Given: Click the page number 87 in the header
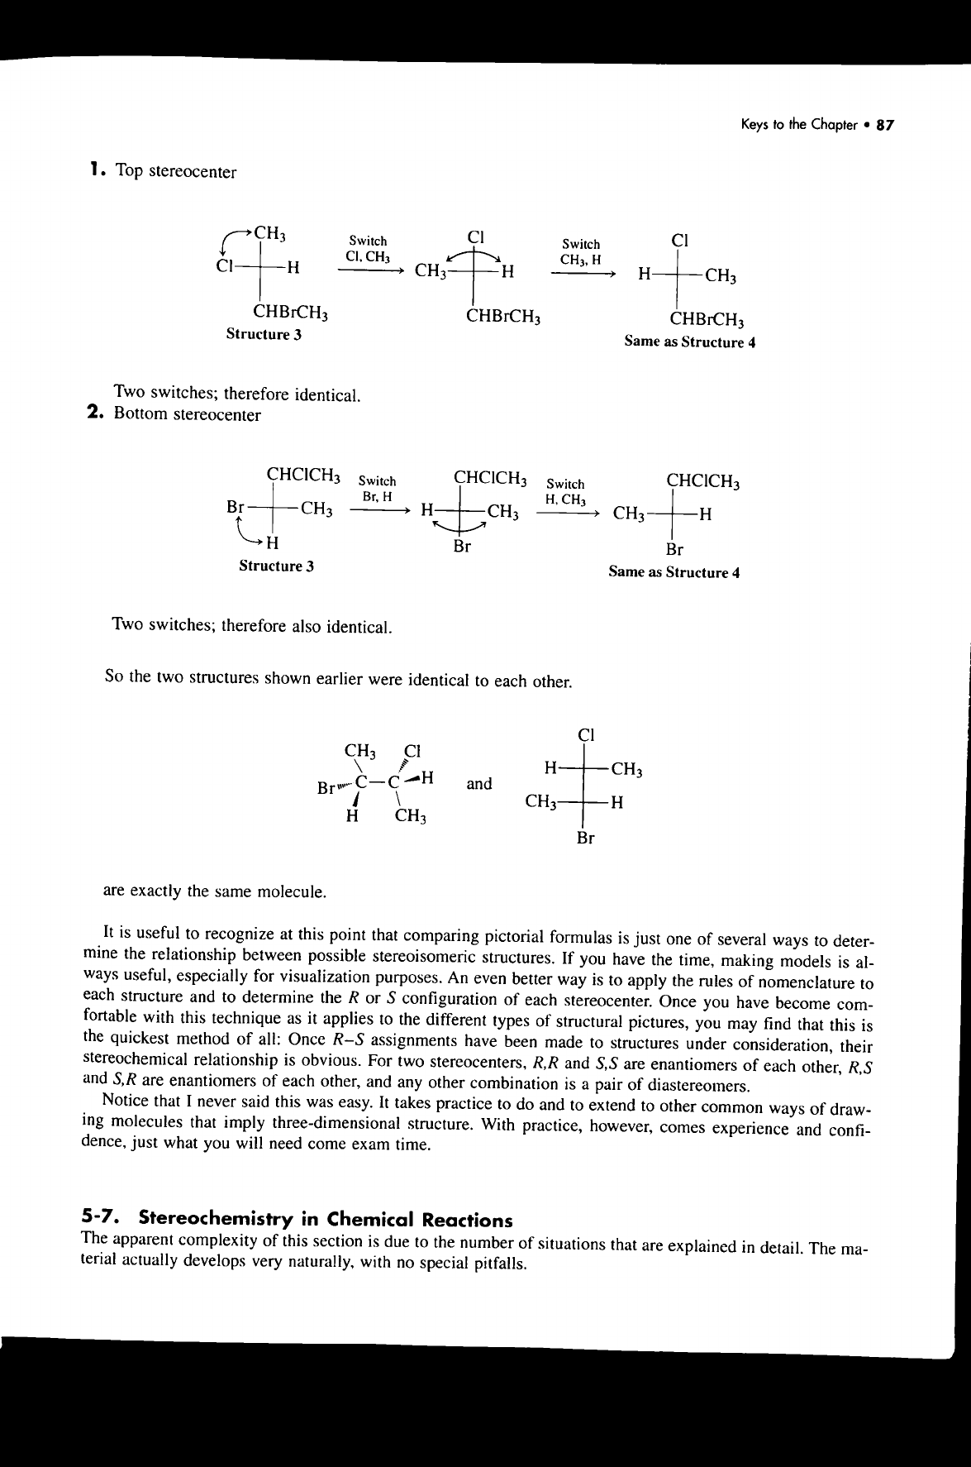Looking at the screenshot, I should pyautogui.click(x=885, y=127).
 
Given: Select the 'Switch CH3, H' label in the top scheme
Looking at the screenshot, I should pyautogui.click(x=581, y=251).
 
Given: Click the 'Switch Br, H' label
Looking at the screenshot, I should pyautogui.click(x=378, y=488).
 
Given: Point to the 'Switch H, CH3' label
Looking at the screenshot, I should pyautogui.click(x=566, y=491).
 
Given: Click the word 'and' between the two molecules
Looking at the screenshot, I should pyautogui.click(x=479, y=783).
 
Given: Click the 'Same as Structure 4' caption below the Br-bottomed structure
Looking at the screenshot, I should pyautogui.click(x=674, y=571).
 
